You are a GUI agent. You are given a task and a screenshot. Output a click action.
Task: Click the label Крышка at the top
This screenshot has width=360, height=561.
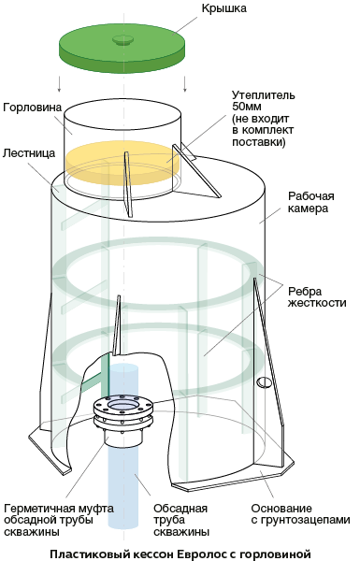point(224,7)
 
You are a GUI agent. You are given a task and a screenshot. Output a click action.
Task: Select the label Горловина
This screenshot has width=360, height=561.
point(32,108)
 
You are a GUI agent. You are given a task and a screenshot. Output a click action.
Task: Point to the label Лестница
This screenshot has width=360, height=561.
point(29,153)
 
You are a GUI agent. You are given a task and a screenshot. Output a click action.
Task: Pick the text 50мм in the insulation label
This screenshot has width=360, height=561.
point(247,107)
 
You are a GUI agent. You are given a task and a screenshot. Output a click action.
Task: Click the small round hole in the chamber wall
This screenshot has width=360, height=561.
point(264,382)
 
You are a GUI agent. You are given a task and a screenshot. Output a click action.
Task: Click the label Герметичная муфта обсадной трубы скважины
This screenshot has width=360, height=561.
point(59,520)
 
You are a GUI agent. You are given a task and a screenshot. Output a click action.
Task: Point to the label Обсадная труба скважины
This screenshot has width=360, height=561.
point(181,520)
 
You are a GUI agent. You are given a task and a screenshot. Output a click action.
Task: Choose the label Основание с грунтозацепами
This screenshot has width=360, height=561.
point(300,514)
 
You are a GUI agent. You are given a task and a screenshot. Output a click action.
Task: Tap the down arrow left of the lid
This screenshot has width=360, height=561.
point(60,84)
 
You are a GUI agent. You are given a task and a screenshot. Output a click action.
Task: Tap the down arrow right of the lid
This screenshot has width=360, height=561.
point(185,84)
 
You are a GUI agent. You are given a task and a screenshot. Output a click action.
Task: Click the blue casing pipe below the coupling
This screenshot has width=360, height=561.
point(122,486)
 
